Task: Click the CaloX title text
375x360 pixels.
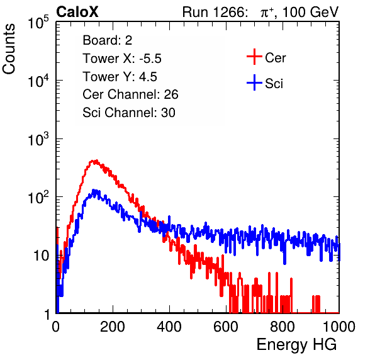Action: pos(77,12)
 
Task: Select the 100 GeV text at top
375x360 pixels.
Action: pos(311,12)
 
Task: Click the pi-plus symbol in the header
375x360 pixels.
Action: pos(267,12)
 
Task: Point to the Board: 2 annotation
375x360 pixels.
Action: pos(108,40)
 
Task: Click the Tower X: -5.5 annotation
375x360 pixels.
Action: pos(122,59)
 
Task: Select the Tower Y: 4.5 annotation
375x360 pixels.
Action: pos(120,77)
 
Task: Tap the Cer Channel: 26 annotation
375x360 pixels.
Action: pos(130,94)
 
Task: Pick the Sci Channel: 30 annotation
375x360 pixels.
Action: pos(129,113)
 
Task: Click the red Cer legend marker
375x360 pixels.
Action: pos(254,57)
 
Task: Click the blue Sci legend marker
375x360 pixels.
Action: pos(254,82)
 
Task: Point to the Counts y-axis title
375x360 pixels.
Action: pos(9,49)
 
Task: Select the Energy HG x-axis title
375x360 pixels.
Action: pos(296,344)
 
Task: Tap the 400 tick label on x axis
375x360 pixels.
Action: pos(169,326)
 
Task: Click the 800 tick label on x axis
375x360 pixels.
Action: pos(283,326)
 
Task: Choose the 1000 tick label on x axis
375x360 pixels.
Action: pos(339,326)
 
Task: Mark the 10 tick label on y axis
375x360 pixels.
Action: pos(42,256)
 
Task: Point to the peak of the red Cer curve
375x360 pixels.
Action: pos(96,160)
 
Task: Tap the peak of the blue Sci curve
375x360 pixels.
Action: pos(94,189)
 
